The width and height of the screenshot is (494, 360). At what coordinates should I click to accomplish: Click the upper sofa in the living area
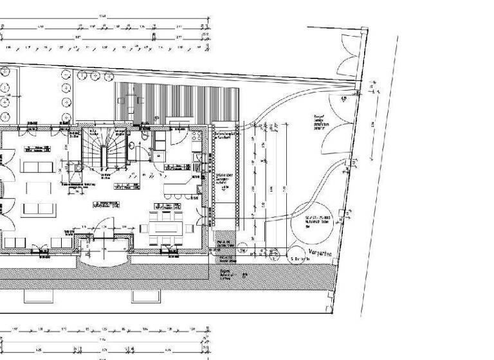click(x=38, y=166)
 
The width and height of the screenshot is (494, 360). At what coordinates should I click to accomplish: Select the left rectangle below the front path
click(x=39, y=296)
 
